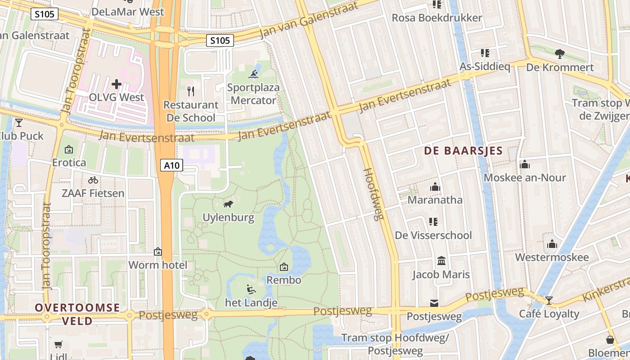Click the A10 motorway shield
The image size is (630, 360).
point(171,166)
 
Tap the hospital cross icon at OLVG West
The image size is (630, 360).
point(117,84)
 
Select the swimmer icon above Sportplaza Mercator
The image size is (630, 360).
point(254,74)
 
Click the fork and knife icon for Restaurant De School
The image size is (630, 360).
point(191,91)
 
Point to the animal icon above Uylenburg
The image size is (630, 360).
point(228,204)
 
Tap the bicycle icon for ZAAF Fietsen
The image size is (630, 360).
point(93,180)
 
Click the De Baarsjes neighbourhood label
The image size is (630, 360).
point(463,151)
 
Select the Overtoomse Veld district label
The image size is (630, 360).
point(77,314)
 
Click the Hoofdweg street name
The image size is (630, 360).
point(373,194)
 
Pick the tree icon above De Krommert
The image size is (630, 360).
point(560,54)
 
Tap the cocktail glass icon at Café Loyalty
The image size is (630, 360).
point(549,300)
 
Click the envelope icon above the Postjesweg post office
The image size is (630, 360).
point(434,303)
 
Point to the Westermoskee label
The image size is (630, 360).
point(552,257)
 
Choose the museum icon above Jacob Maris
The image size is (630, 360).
point(441,261)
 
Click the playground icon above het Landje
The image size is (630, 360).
point(251,289)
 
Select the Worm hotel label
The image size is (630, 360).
point(157,265)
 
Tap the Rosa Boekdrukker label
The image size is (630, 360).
point(436,18)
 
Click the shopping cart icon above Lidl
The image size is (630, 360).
point(58,345)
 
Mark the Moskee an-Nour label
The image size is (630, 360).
point(525,178)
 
